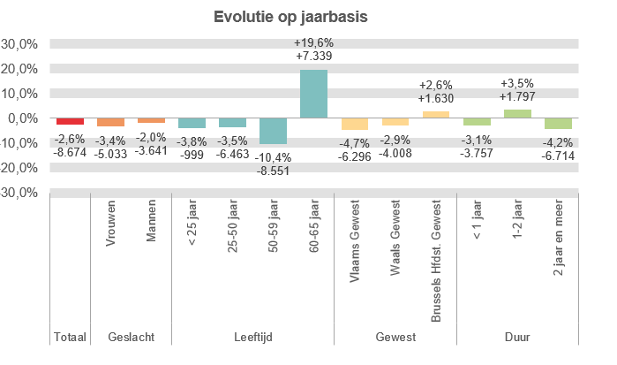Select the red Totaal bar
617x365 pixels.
[x=70, y=122]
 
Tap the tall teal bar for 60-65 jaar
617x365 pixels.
[x=313, y=94]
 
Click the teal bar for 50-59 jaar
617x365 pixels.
[x=273, y=131]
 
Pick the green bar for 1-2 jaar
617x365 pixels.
[x=516, y=113]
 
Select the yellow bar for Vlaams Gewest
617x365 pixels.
[x=354, y=124]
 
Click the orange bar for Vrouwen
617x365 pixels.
[x=110, y=122]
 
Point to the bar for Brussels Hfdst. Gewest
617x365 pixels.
[x=435, y=114]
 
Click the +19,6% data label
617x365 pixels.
[x=313, y=42]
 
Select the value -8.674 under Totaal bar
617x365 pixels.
[x=70, y=152]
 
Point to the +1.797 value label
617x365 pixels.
[x=516, y=96]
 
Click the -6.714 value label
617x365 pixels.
[x=557, y=152]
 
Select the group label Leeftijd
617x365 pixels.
[x=252, y=337]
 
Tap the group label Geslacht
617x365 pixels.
[x=131, y=337]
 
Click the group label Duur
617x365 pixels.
[x=516, y=337]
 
